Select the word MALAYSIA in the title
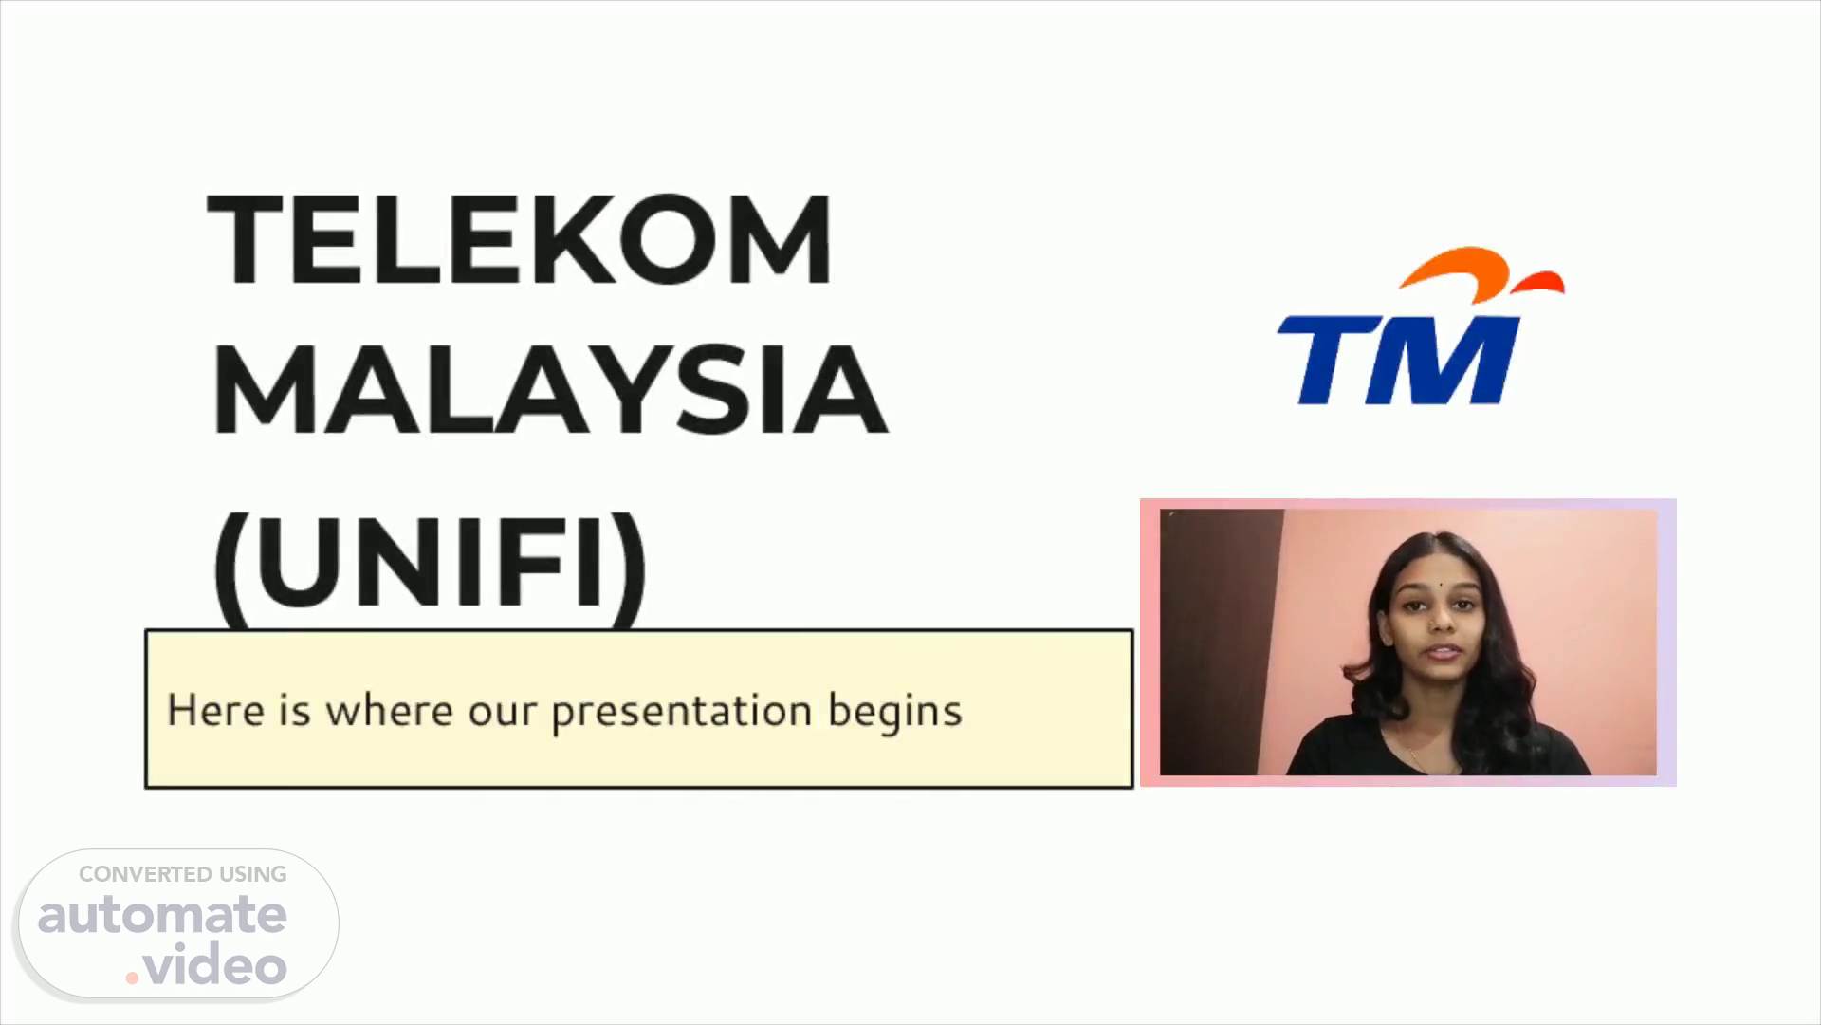549,390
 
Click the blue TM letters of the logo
1400,359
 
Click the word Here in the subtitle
215,710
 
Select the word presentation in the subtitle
681,713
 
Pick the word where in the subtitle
389,710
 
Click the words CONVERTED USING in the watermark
183,874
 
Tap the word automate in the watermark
162,915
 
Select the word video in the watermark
215,964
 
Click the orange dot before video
132,978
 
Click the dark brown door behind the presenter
1221,642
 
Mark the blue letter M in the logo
1451,359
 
